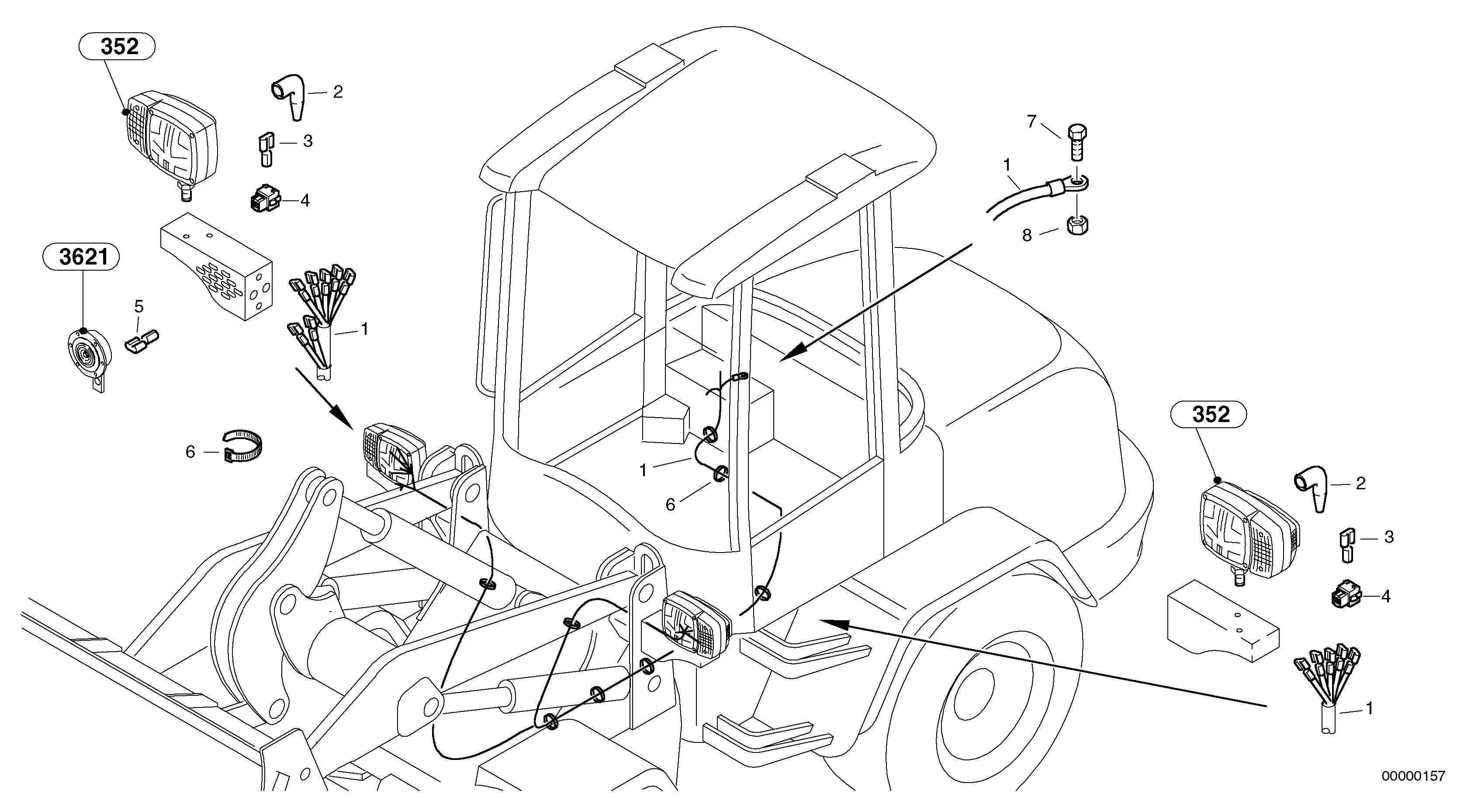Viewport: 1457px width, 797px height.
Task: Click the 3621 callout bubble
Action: tap(81, 257)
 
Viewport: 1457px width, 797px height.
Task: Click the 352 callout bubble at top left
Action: tap(117, 47)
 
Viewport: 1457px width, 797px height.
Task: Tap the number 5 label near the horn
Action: tap(138, 307)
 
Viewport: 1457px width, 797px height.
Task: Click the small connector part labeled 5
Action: tap(142, 342)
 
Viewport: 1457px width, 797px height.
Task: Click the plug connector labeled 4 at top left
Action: tap(265, 200)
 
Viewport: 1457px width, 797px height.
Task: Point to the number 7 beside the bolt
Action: tap(1031, 121)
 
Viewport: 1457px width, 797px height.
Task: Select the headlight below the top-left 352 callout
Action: tap(171, 140)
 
